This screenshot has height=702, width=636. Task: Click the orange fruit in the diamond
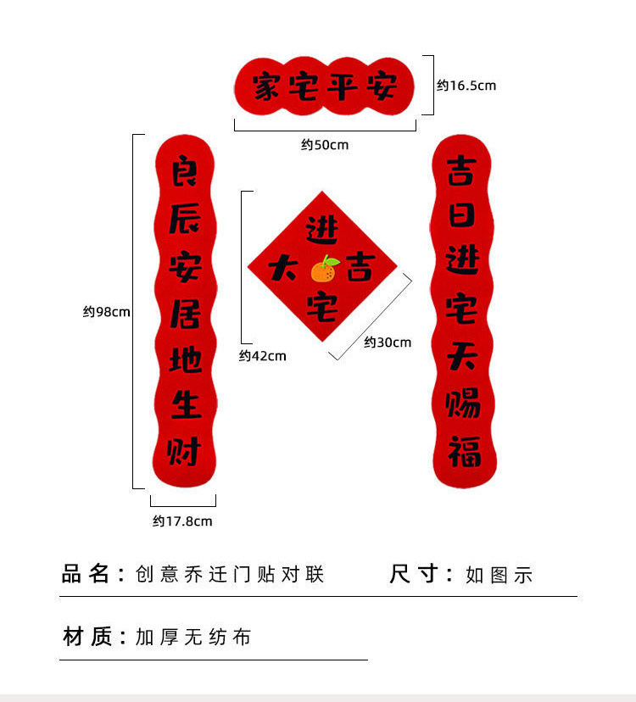point(324,270)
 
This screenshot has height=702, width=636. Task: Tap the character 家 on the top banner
point(266,86)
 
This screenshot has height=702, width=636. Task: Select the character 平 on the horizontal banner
point(343,86)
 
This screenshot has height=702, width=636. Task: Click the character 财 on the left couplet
point(184,450)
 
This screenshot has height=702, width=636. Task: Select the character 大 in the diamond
point(282,270)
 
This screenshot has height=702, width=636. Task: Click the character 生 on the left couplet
point(184,404)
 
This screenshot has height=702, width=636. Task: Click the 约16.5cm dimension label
point(466,86)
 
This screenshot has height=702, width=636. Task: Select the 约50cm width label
point(325,145)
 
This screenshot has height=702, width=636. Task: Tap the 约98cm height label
point(107,312)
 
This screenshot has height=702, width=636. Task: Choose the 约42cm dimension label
point(263,356)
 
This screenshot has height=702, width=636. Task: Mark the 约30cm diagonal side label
point(388,343)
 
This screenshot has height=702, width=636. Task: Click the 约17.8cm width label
point(182,521)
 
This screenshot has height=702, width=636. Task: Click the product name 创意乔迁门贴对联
point(230,574)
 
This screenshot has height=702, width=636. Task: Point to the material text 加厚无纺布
point(193,637)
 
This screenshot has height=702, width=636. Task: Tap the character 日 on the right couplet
point(463,215)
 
